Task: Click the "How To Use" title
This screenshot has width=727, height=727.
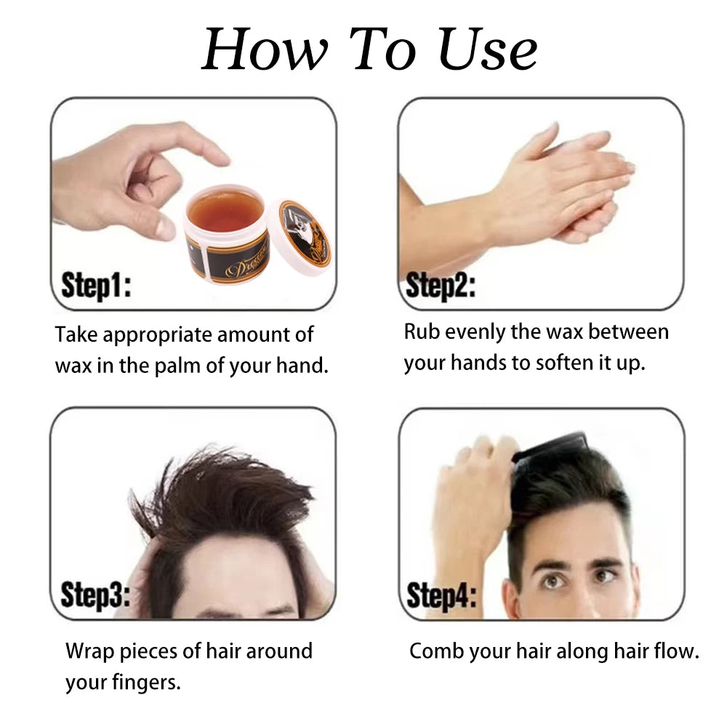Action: point(369,49)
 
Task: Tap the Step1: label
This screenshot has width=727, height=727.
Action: point(96,285)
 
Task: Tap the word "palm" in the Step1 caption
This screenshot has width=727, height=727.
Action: point(177,365)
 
